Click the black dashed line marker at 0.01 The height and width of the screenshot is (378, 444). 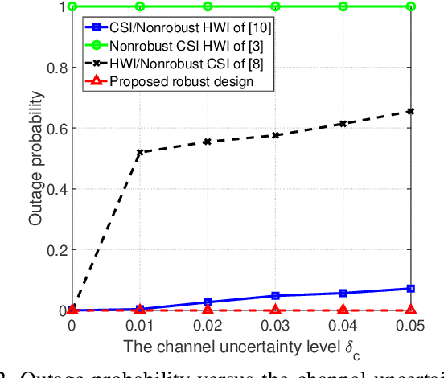tap(140, 152)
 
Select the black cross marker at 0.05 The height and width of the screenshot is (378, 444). tap(411, 111)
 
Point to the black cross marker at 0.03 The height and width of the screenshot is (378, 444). tap(275, 135)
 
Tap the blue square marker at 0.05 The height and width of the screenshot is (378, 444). tap(411, 288)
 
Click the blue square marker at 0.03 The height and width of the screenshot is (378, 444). tap(275, 296)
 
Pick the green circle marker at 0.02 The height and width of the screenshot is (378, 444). tap(208, 6)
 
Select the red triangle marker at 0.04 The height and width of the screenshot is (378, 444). tap(343, 309)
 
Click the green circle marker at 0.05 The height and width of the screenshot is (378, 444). tap(411, 6)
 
